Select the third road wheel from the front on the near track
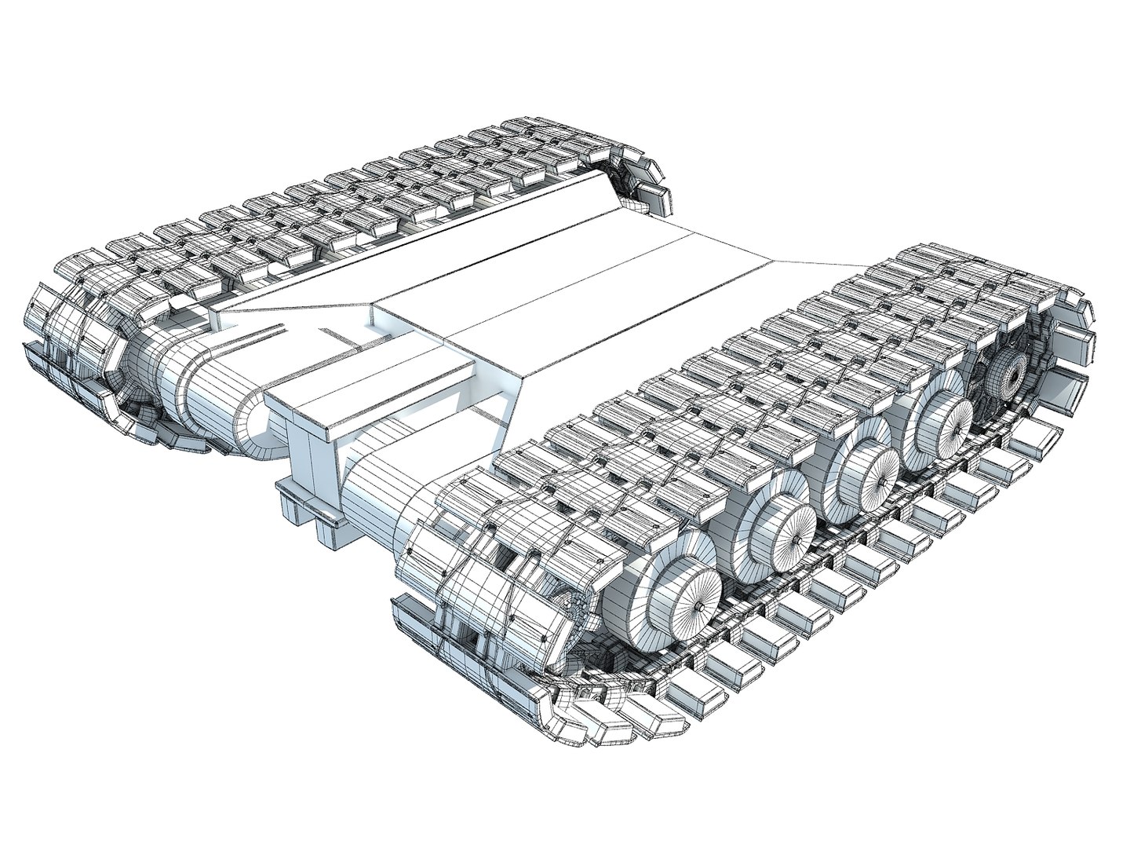(x=872, y=473)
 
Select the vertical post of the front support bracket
(x=314, y=463)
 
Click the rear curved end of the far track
(x=640, y=173)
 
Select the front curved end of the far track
(x=71, y=345)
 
